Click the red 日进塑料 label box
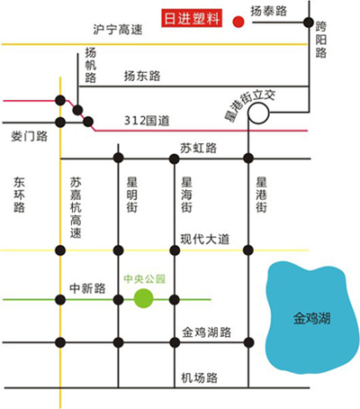tap(192, 18)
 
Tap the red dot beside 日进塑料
tap(238, 22)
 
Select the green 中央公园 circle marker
tap(144, 298)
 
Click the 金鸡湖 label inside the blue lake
tap(311, 318)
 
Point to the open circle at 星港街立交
tap(258, 114)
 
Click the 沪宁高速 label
tap(118, 30)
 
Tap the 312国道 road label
tap(147, 121)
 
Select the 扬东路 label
tap(142, 76)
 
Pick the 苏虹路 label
tap(198, 148)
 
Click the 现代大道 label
tap(205, 240)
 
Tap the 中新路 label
tap(87, 288)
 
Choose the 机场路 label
tap(200, 377)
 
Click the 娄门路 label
tap(30, 136)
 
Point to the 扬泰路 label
tap(269, 11)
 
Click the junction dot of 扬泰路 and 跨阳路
tap(309, 23)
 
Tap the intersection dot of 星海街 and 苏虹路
tap(175, 159)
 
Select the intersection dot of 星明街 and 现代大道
tap(119, 250)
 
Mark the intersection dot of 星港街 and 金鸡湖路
tap(248, 342)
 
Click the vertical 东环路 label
tap(19, 195)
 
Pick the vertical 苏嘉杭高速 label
tap(76, 208)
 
